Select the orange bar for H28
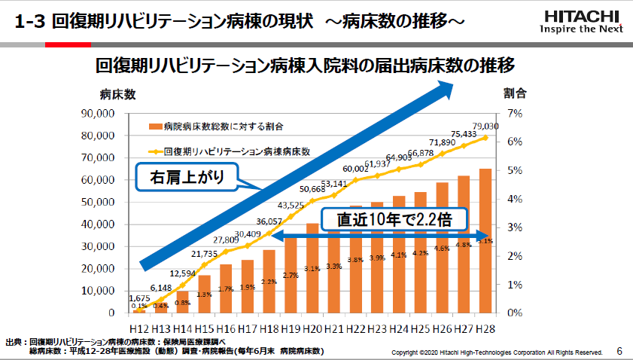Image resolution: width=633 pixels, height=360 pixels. (485, 240)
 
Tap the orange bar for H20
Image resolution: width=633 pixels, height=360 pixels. (312, 267)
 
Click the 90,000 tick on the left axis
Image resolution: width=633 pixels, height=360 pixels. (98, 114)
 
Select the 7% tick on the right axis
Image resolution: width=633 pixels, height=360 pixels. (515, 114)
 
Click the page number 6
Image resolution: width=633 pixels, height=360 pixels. (619, 351)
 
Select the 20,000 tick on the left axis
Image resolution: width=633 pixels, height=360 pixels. (98, 268)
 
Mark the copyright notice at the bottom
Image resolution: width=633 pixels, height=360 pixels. (498, 352)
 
